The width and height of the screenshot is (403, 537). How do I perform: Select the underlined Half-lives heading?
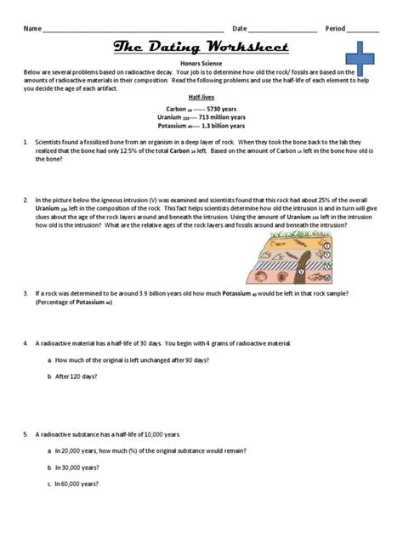[201, 98]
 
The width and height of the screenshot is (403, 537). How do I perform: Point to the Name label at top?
[32, 28]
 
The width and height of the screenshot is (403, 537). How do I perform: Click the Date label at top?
[240, 28]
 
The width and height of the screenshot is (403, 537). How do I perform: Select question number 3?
[26, 293]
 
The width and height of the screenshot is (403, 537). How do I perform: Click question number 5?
[26, 433]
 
